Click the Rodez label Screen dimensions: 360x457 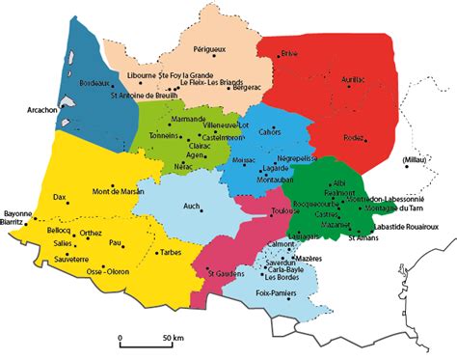353,138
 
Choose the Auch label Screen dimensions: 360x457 191,206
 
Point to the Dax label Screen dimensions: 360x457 60,197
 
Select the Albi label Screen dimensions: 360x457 338,182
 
